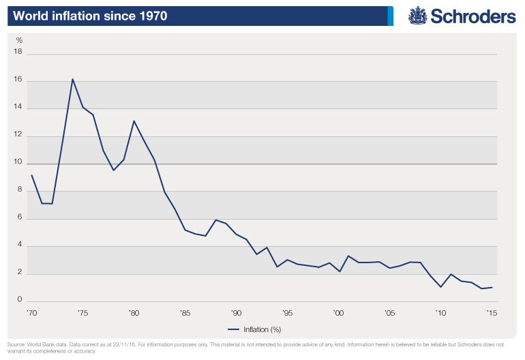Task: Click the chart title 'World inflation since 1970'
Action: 87,15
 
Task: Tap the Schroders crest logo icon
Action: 417,16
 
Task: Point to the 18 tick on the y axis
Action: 18,52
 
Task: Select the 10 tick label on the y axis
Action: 18,164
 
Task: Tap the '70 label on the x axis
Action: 31,314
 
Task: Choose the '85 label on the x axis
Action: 185,314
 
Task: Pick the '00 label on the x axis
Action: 338,314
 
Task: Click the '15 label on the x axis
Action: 492,314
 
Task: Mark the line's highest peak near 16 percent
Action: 72,79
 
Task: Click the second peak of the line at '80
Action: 134,121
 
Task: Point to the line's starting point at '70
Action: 31,175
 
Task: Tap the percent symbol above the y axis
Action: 19,40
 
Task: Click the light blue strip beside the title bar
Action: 391,16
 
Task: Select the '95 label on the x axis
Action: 287,314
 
